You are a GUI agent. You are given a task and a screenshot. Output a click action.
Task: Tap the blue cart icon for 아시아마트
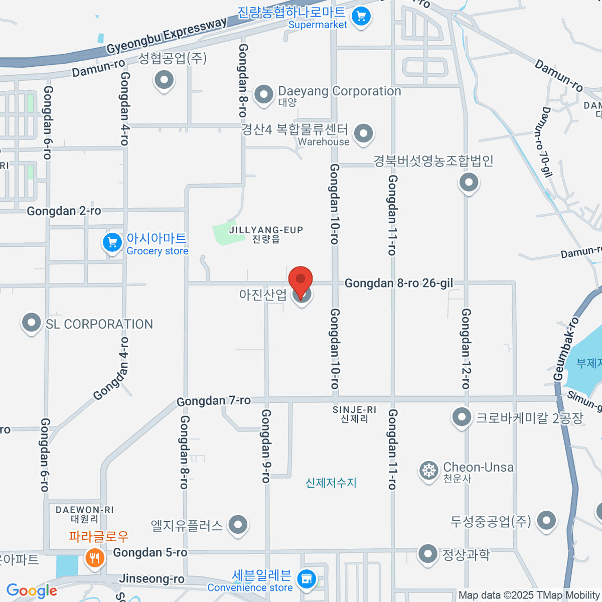click(x=112, y=243)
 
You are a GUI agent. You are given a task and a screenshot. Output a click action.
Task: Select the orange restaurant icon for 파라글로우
click(x=94, y=557)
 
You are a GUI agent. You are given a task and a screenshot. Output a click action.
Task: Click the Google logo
click(x=32, y=591)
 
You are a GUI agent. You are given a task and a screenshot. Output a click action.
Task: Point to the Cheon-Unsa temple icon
click(x=429, y=471)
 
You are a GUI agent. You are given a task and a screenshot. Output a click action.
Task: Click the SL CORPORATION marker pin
click(x=31, y=323)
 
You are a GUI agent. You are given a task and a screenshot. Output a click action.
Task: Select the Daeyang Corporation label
click(x=339, y=91)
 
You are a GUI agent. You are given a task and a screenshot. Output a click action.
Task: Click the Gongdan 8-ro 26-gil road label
click(x=399, y=283)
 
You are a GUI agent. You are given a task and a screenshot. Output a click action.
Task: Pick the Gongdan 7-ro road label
click(x=214, y=401)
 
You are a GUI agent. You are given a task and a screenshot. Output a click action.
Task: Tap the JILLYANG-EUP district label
click(x=266, y=230)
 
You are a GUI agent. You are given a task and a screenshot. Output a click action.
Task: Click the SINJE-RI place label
click(x=354, y=410)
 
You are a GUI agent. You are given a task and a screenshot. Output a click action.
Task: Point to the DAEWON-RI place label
click(x=85, y=510)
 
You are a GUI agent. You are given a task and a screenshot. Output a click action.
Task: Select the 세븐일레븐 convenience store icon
click(x=307, y=579)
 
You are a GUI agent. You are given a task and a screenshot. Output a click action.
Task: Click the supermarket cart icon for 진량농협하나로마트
click(x=361, y=17)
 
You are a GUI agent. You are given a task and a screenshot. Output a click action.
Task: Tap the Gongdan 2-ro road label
click(x=64, y=211)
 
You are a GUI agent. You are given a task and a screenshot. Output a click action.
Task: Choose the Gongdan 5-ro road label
click(x=150, y=553)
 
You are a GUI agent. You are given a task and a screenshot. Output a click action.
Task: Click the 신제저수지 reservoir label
click(x=331, y=483)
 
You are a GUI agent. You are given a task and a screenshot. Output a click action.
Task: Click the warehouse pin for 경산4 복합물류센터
click(x=363, y=133)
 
